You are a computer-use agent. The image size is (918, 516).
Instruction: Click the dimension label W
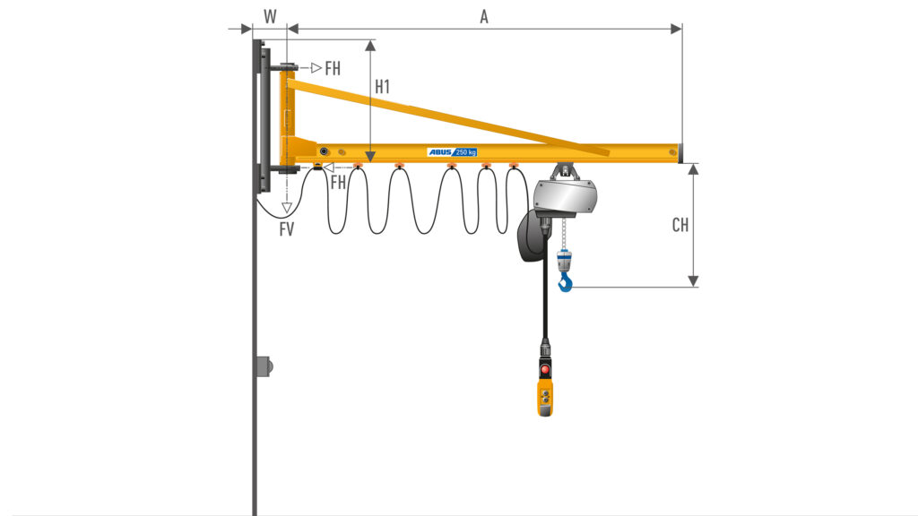[270, 16]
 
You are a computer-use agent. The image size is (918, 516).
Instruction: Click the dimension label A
[483, 17]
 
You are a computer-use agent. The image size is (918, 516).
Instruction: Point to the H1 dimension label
[382, 87]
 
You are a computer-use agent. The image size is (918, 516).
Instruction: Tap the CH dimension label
[680, 225]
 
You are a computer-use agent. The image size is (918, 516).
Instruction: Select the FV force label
[286, 229]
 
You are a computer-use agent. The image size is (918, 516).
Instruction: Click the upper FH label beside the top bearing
[333, 68]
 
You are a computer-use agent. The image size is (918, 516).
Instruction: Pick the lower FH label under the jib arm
[338, 183]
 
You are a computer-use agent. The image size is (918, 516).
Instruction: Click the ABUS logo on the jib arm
[440, 152]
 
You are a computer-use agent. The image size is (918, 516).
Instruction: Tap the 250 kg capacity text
[466, 152]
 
